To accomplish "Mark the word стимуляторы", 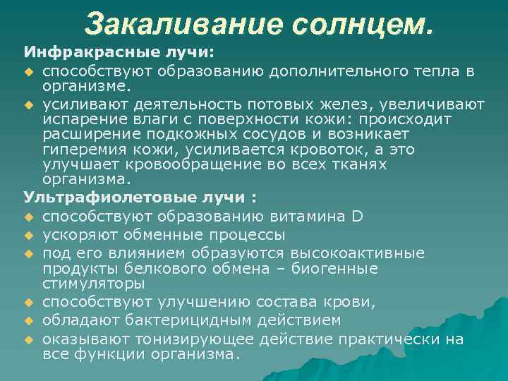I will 94,284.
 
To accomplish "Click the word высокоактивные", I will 356,253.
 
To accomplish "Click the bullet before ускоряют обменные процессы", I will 28,234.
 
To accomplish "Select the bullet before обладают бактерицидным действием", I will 28,320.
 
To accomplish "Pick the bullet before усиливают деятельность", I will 28,104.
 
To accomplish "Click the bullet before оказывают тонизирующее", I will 28,339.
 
